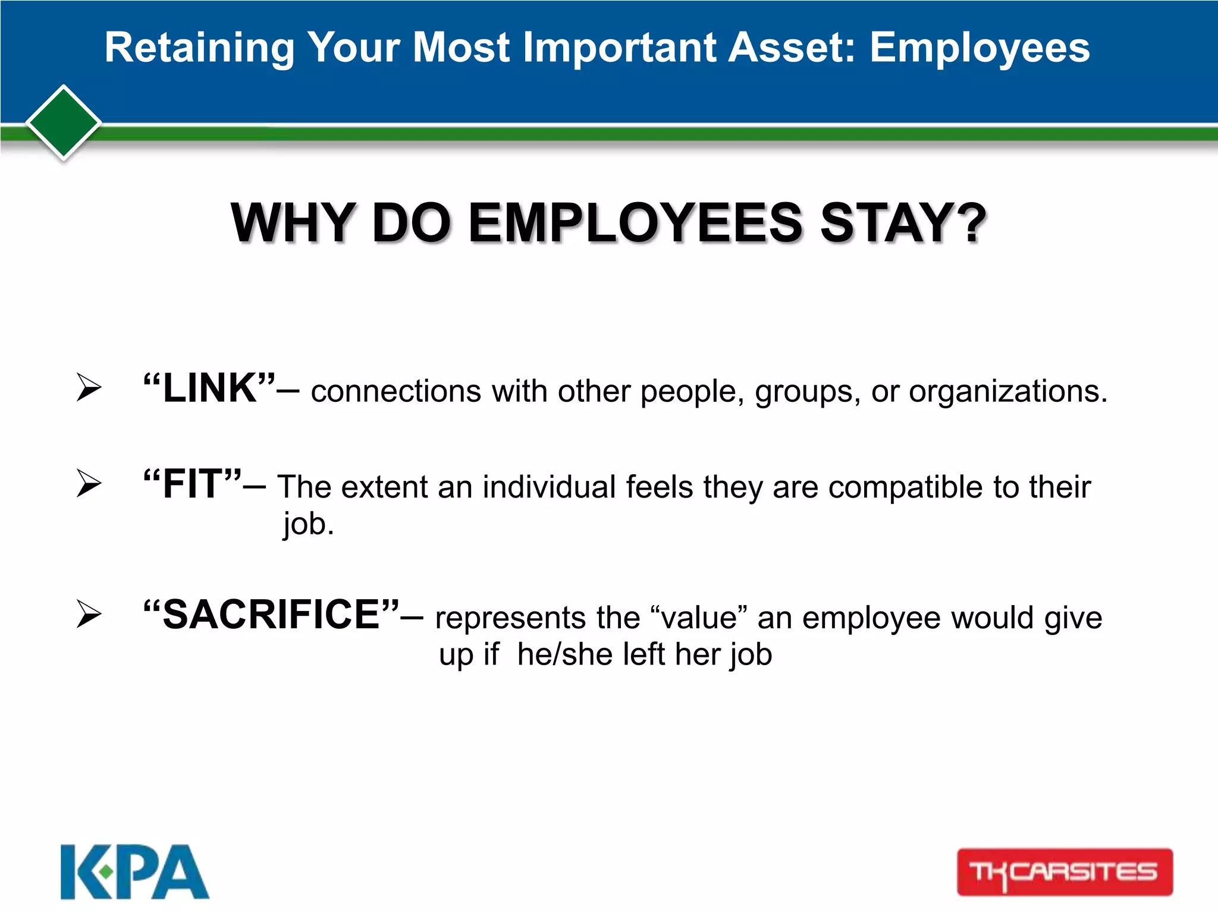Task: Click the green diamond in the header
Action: [64, 123]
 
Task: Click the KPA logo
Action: [134, 872]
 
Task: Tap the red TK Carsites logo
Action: [1065, 872]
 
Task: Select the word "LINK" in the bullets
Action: [210, 388]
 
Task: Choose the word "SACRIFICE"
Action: [271, 615]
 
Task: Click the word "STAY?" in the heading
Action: [903, 223]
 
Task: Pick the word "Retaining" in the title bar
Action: [199, 48]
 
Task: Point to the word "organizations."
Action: [1008, 392]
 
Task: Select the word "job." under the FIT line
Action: [309, 524]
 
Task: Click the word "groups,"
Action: [808, 392]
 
